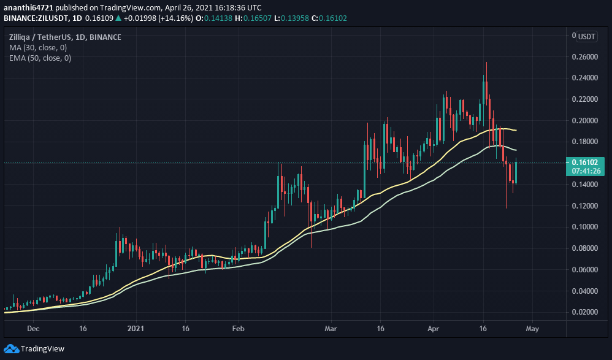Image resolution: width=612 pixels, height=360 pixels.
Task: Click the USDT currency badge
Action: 587,37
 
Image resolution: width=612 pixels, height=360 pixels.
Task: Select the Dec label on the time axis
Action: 34,328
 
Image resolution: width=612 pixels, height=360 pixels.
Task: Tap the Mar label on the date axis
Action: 331,328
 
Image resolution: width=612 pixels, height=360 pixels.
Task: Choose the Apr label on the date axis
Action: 434,328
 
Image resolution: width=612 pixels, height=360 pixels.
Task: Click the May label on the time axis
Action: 532,328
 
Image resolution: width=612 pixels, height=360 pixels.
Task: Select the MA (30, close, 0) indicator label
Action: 39,47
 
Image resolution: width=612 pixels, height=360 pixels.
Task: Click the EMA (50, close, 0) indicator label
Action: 40,58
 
